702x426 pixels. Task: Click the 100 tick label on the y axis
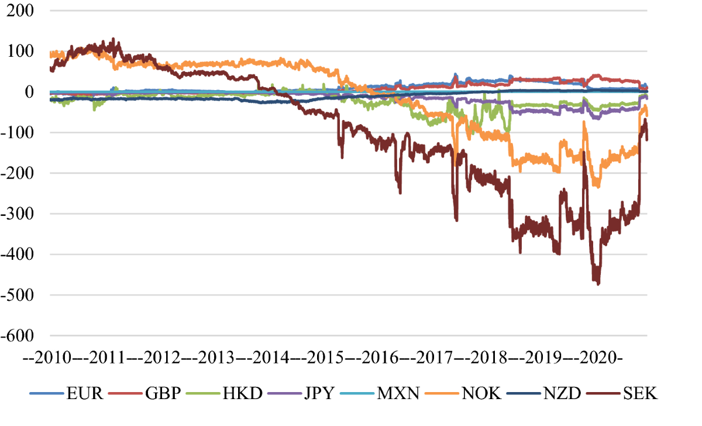[21, 51]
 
